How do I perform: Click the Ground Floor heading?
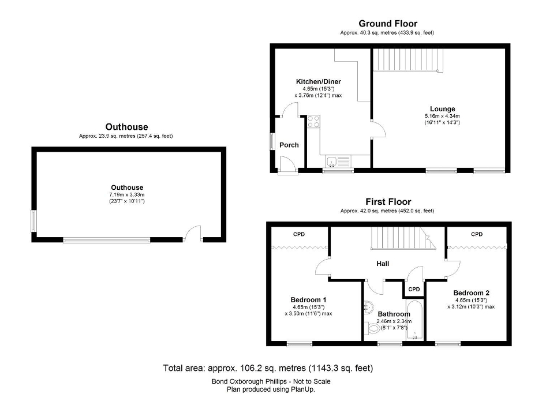pos(387,24)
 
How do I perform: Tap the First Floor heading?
pos(388,202)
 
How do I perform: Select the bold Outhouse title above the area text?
pos(126,127)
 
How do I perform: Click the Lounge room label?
pos(442,108)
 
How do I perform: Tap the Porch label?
pos(289,145)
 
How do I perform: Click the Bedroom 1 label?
pos(308,299)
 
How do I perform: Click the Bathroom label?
pos(394,314)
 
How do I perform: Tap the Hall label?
pos(382,264)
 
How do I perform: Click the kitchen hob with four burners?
pos(314,121)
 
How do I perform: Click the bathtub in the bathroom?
pos(414,320)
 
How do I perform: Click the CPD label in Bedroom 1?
pos(298,234)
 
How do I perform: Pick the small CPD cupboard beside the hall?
pos(414,289)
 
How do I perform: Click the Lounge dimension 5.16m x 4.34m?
pos(442,116)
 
